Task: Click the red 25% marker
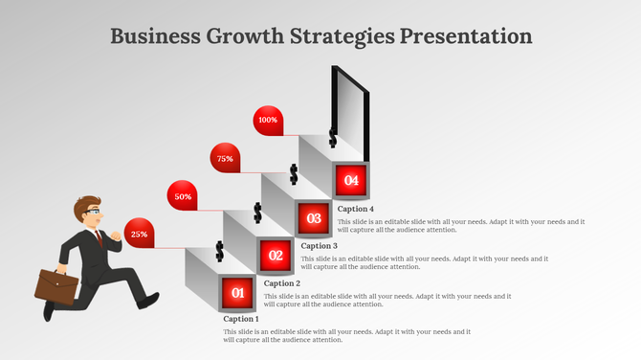(x=139, y=234)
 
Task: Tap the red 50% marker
(x=183, y=196)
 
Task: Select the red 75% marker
(x=225, y=158)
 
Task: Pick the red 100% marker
(x=268, y=121)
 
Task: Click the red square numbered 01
(x=238, y=292)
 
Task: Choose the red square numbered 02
(x=276, y=256)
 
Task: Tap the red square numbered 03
(x=314, y=218)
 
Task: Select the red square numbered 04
(x=351, y=180)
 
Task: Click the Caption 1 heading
(x=241, y=319)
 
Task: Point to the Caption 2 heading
(x=282, y=283)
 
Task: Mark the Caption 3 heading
(x=320, y=246)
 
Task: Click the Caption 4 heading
(x=356, y=209)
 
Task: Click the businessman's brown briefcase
(x=57, y=285)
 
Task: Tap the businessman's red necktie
(x=99, y=236)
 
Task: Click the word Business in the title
(x=153, y=36)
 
